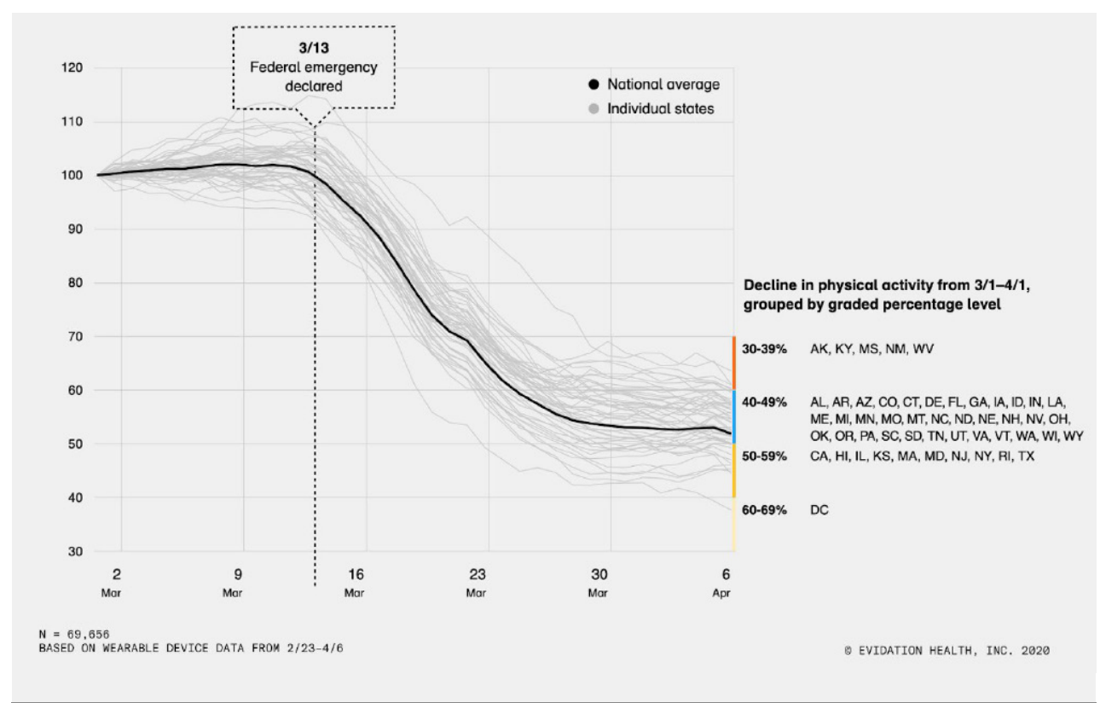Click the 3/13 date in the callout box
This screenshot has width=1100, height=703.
pyautogui.click(x=313, y=48)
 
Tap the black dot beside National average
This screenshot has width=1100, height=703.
pyautogui.click(x=593, y=84)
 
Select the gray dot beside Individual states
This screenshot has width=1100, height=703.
pyautogui.click(x=593, y=109)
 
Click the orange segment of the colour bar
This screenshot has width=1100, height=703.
pyautogui.click(x=733, y=363)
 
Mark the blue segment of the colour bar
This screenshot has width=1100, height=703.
pyautogui.click(x=733, y=416)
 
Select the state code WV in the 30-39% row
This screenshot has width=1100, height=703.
pyautogui.click(x=924, y=350)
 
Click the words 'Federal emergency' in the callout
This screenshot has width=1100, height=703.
pyautogui.click(x=313, y=67)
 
